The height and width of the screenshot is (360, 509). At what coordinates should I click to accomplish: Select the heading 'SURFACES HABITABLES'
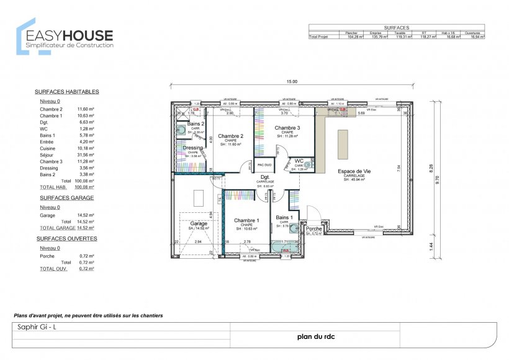pos(66,92)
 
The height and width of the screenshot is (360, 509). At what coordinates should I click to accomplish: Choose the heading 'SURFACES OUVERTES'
pos(66,238)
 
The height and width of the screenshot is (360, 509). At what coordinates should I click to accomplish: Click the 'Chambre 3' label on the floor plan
pos(287,128)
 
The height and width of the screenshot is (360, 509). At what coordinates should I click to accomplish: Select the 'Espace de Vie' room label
pos(355,171)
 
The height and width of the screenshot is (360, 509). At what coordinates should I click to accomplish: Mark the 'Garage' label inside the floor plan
pos(199,223)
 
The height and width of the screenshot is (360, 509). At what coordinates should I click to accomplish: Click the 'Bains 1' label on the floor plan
pos(284,217)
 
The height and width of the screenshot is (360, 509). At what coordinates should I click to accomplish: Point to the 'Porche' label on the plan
pos(313,229)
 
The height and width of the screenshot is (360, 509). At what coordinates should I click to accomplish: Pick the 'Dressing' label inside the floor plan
pos(192,148)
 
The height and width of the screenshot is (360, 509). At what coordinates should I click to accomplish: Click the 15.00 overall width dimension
pos(292,82)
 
